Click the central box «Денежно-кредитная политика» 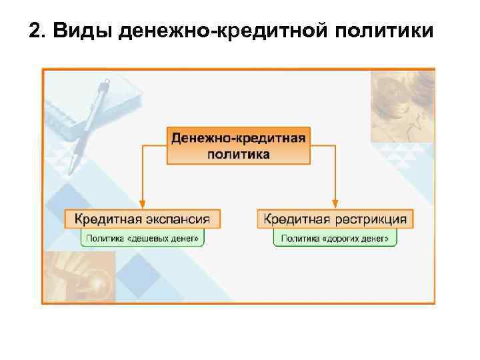click(x=239, y=145)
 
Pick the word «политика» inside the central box click(x=239, y=154)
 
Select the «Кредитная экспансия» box click(x=142, y=218)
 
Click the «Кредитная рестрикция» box click(x=335, y=218)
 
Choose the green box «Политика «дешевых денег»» click(x=142, y=238)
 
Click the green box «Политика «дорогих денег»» click(x=335, y=238)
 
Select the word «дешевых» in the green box click(x=151, y=238)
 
